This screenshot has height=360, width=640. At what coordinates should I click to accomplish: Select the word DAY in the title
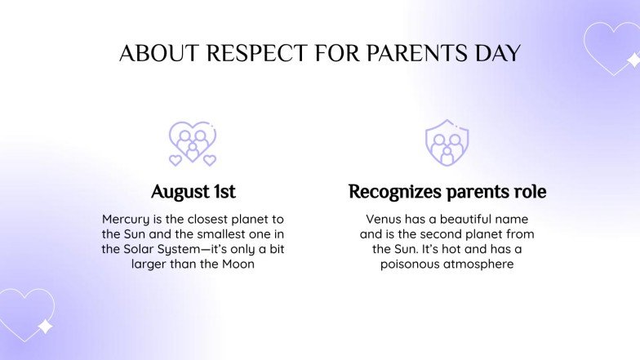493,53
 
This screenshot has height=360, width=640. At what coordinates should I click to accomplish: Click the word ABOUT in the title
158,53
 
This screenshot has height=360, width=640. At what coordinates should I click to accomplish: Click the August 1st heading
193,193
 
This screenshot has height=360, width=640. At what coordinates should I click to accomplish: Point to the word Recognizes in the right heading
395,193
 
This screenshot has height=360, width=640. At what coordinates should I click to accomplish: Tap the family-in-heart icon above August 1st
193,142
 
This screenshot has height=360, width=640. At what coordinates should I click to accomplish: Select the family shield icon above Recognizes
447,142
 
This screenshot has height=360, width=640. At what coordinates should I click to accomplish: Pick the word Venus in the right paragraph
384,219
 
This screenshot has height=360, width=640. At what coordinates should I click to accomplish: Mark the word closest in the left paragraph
208,219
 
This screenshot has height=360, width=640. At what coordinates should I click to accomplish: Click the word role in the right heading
530,193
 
